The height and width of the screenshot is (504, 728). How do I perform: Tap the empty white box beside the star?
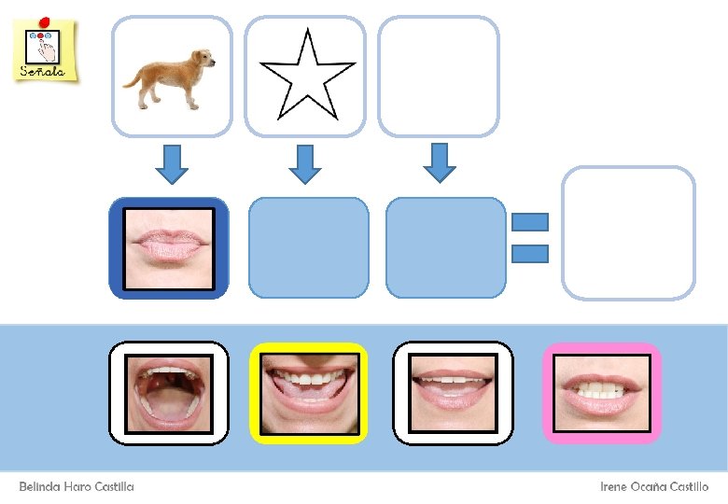click(x=438, y=76)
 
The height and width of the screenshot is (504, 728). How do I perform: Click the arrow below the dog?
click(x=171, y=163)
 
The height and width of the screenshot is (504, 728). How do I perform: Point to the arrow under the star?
click(x=304, y=163)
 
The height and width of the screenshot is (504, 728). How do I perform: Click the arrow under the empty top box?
click(x=440, y=161)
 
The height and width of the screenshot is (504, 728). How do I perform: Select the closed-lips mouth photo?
click(x=169, y=247)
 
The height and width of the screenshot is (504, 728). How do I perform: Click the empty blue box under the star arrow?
click(x=308, y=247)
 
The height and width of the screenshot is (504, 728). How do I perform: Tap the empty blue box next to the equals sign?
click(x=445, y=247)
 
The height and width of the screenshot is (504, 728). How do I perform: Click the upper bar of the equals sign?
click(x=530, y=222)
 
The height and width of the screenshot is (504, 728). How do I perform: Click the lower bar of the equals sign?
click(x=530, y=252)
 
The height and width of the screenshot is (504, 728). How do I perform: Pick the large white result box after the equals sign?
click(x=628, y=232)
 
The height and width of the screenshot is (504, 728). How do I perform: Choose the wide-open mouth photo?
click(x=169, y=393)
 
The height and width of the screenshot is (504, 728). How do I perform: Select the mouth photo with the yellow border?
click(x=309, y=393)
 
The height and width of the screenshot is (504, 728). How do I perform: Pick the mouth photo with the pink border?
click(x=602, y=393)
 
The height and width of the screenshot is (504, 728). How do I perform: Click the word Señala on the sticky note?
click(x=43, y=71)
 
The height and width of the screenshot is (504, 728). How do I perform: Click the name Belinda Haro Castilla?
click(x=77, y=486)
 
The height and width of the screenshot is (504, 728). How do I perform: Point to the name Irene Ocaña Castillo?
click(x=653, y=486)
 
